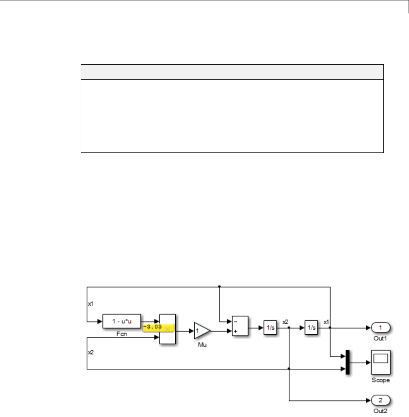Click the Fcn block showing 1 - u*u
click(x=122, y=321)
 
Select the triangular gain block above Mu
click(x=201, y=331)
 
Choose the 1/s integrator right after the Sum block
click(x=269, y=327)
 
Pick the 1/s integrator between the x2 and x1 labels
click(x=311, y=327)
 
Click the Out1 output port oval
click(x=380, y=327)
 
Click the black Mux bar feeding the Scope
click(x=348, y=362)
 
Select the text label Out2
click(x=380, y=410)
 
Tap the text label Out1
click(x=380, y=338)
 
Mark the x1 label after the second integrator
click(x=326, y=322)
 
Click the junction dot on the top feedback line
click(x=219, y=286)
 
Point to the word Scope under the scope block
click(x=381, y=380)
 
